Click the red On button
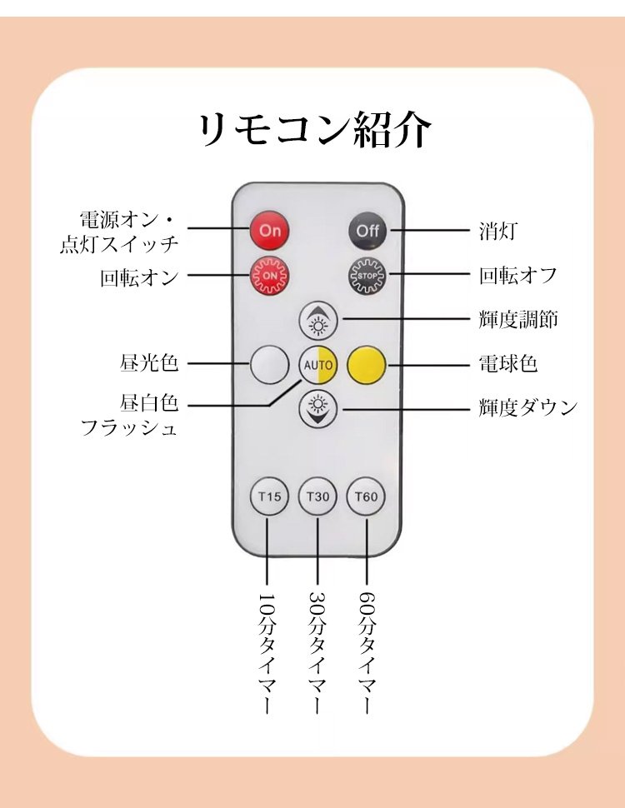click(270, 231)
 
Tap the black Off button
click(367, 231)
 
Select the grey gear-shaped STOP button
click(367, 275)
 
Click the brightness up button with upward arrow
click(317, 320)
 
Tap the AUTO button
click(317, 365)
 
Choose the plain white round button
click(270, 365)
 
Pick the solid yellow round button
click(366, 365)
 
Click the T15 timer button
click(269, 497)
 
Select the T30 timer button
click(317, 497)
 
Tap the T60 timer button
click(366, 497)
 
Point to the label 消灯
click(497, 231)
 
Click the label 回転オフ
click(517, 276)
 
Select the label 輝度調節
click(517, 320)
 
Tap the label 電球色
click(507, 365)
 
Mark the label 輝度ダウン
click(527, 408)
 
